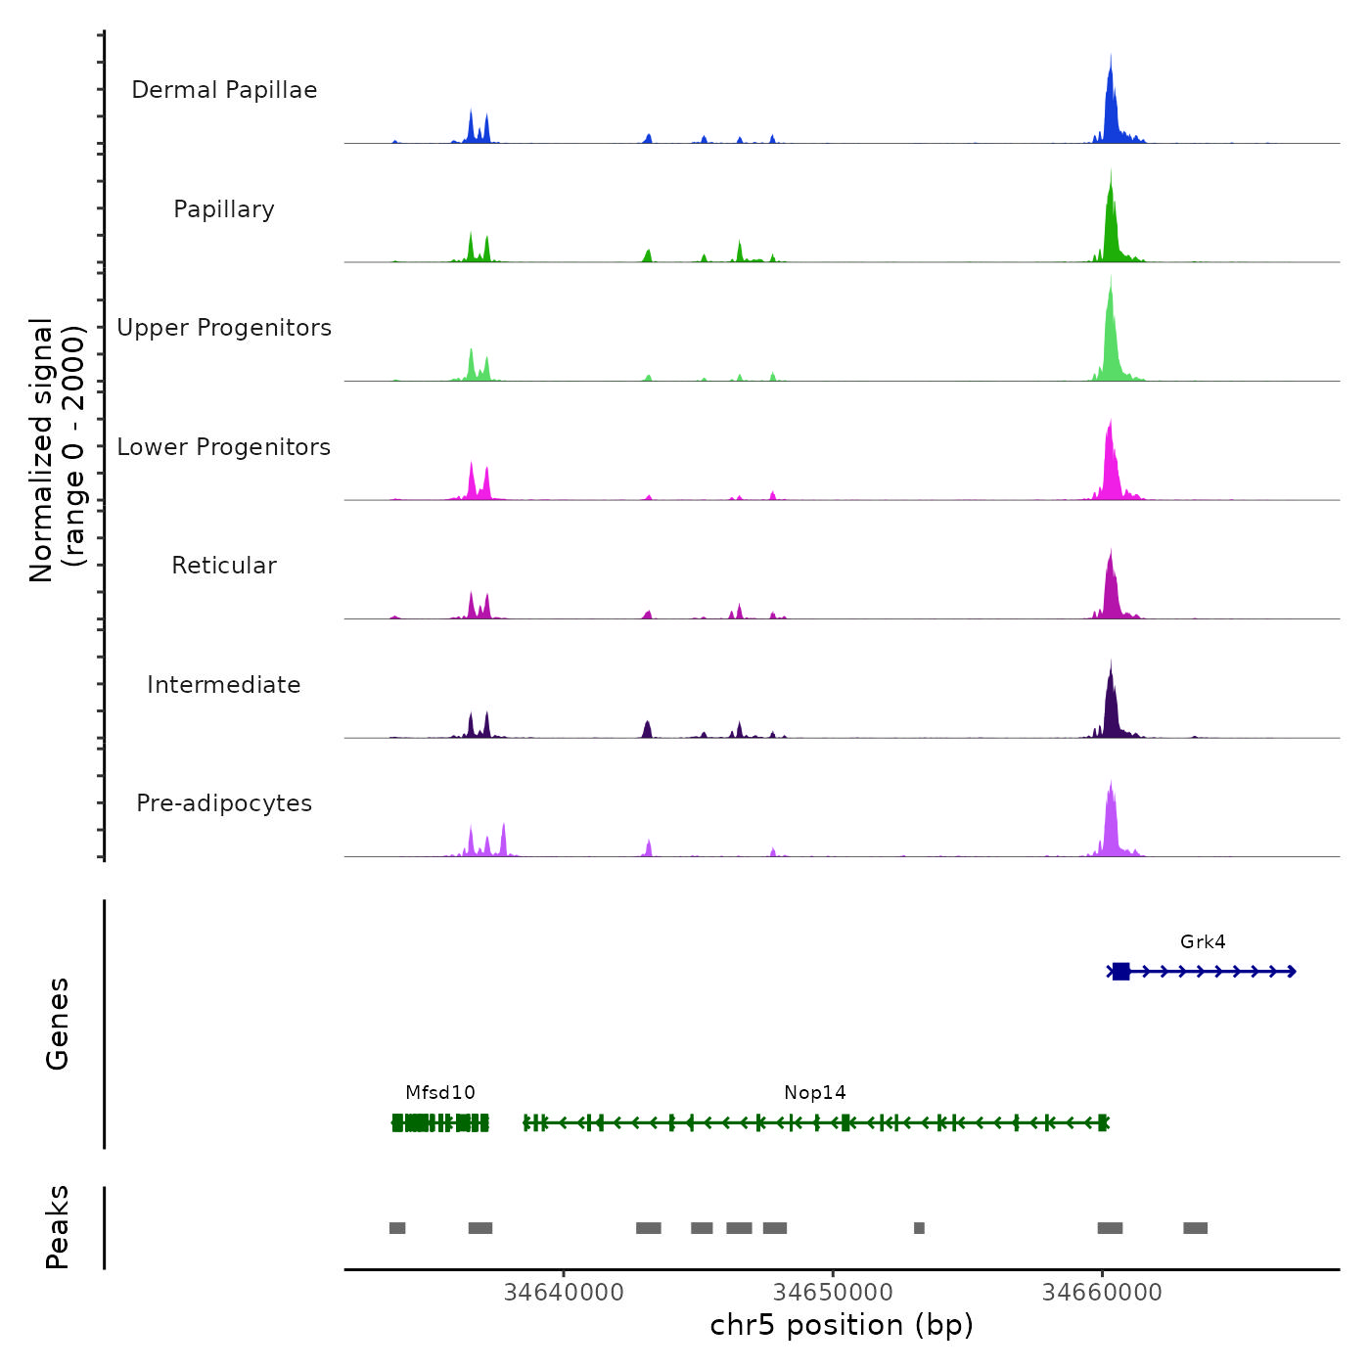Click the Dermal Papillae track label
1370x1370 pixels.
click(224, 90)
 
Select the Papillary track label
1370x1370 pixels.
click(224, 209)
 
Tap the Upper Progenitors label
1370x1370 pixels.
click(224, 328)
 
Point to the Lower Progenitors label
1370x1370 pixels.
click(224, 447)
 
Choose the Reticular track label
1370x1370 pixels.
click(224, 566)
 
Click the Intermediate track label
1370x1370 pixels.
click(224, 685)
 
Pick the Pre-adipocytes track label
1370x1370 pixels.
click(224, 803)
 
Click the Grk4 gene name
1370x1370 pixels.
click(1203, 942)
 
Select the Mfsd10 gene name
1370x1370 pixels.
click(440, 1093)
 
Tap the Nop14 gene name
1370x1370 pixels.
click(815, 1093)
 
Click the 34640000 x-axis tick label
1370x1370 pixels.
click(564, 1293)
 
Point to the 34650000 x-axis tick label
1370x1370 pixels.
click(833, 1293)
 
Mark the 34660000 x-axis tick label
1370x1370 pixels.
click(1102, 1293)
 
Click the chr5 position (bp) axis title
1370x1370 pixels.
click(842, 1325)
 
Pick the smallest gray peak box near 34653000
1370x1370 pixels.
click(919, 1228)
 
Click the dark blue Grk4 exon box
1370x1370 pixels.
click(1121, 972)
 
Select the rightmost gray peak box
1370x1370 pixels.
click(1195, 1228)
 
